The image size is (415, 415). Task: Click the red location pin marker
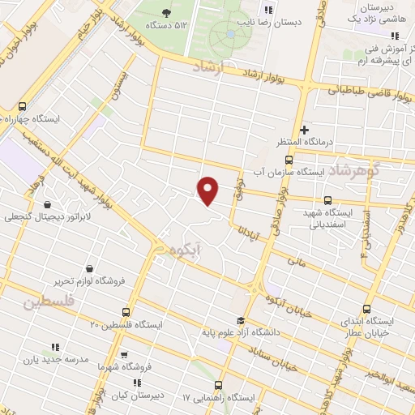[208, 190]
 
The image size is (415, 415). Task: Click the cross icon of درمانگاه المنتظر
[305, 130]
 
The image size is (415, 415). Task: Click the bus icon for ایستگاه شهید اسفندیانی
[327, 199]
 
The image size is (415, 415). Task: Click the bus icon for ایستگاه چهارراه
[22, 106]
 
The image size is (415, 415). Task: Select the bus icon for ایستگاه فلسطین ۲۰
[126, 311]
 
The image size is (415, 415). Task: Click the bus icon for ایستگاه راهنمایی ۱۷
[218, 385]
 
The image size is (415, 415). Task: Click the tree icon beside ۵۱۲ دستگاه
[166, 12]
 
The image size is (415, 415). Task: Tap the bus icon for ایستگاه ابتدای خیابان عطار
[367, 309]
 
